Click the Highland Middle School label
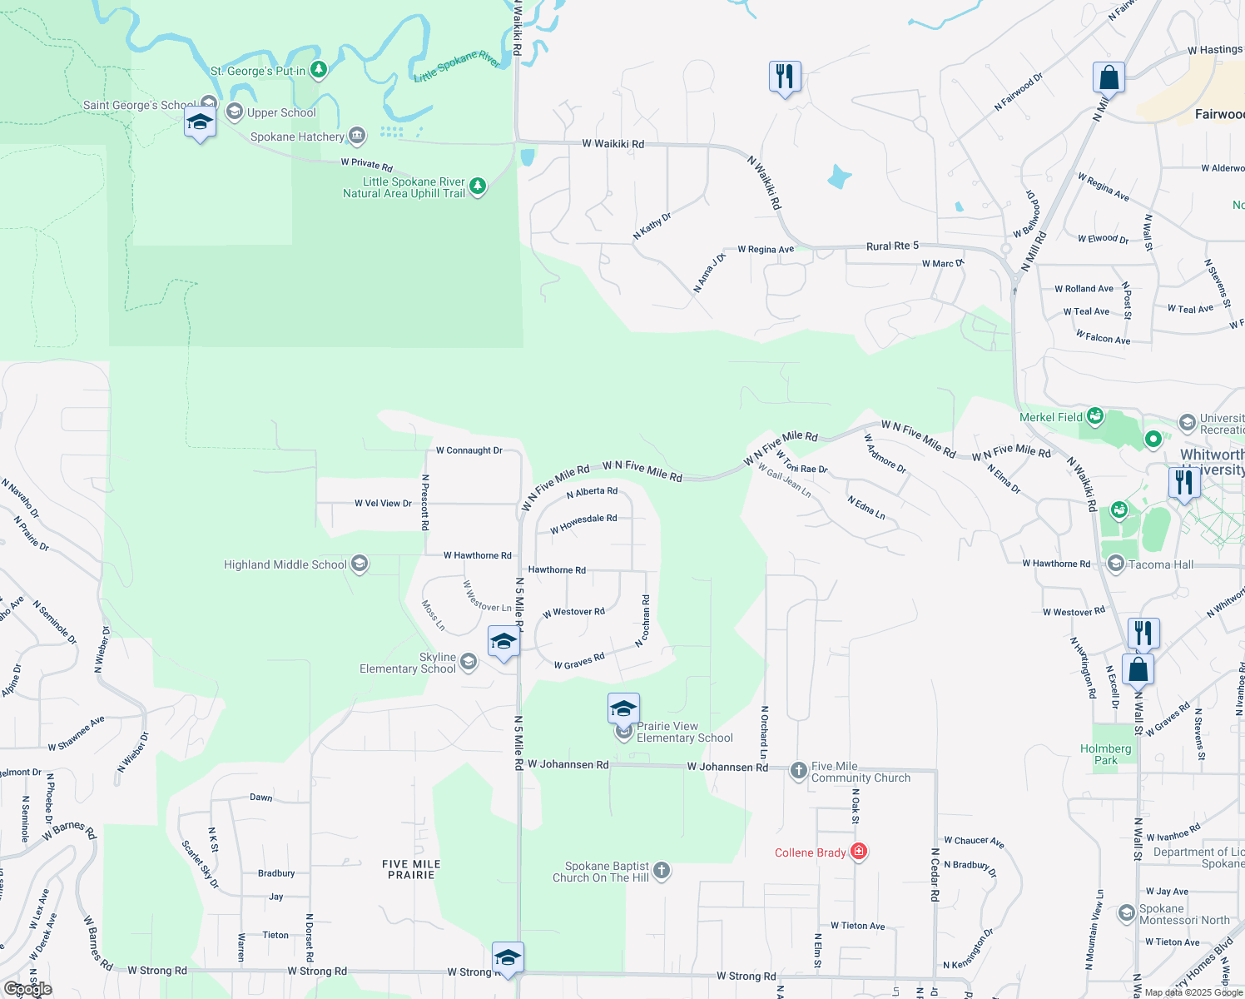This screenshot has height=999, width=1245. tap(285, 564)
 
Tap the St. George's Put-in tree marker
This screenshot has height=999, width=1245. tap(318, 70)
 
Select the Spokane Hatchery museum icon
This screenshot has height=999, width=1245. tap(357, 135)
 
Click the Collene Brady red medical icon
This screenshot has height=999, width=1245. tap(859, 852)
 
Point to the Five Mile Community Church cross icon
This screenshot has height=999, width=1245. tap(798, 770)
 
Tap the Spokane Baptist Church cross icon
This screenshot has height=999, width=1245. tap(662, 871)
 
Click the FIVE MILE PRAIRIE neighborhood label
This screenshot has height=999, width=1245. tap(411, 869)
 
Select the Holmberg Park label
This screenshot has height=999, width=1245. tap(1105, 754)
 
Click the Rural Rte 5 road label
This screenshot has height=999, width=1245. tap(892, 246)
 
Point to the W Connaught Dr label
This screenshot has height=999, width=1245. tap(469, 450)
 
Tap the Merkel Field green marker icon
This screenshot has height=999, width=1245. tap(1095, 415)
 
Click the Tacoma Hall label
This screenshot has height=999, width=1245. tap(1161, 564)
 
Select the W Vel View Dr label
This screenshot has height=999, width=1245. tap(383, 503)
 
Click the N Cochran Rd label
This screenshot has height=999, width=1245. tap(642, 621)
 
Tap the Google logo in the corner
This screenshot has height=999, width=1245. tap(28, 989)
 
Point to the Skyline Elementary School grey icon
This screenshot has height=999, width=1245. tap(469, 662)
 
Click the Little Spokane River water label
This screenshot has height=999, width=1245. tap(456, 67)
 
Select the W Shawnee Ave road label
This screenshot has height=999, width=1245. tap(77, 733)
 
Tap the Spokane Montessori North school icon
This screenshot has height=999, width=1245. tap(1126, 913)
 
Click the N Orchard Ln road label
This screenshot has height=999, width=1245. tap(764, 732)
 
